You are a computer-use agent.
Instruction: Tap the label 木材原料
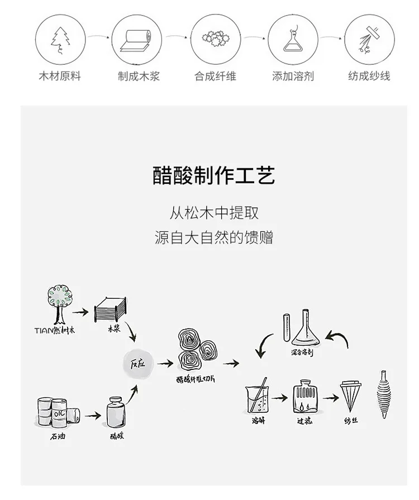tap(60, 76)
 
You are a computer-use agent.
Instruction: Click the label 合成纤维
tap(215, 76)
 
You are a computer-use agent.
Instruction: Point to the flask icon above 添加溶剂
tap(291, 37)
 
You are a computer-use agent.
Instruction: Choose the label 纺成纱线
tap(369, 76)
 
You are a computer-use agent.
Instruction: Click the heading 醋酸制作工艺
tap(214, 175)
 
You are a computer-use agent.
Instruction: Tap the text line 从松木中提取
tap(214, 213)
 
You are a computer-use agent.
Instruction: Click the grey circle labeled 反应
tap(137, 364)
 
